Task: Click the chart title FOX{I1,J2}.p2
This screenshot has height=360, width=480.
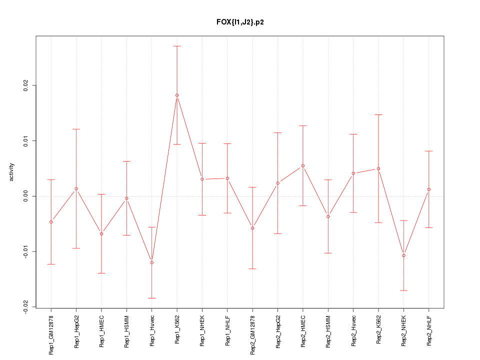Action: click(240, 22)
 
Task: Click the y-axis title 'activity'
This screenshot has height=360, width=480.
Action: click(11, 172)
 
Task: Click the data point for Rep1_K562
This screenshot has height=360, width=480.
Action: click(177, 95)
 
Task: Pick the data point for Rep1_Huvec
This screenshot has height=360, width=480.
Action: click(152, 262)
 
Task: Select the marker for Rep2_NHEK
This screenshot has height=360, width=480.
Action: click(403, 255)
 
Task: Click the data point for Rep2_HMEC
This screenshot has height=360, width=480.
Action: click(303, 165)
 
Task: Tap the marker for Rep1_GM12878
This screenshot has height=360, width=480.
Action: click(51, 222)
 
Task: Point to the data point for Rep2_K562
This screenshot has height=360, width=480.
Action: click(378, 168)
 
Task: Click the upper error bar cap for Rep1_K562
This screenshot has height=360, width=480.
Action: click(177, 46)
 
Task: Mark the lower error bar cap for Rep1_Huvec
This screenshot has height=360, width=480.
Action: click(152, 298)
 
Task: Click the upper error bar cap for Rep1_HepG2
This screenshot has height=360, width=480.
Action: click(76, 129)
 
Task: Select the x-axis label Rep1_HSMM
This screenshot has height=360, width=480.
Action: click(127, 331)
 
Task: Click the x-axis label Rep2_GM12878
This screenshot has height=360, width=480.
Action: click(253, 334)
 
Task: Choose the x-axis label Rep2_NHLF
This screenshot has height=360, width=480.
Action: click(429, 331)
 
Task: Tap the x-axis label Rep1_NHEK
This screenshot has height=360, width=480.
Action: click(202, 331)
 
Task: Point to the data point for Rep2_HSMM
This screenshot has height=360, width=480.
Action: click(328, 216)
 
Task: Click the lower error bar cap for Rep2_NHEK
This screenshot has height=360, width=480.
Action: click(403, 290)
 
